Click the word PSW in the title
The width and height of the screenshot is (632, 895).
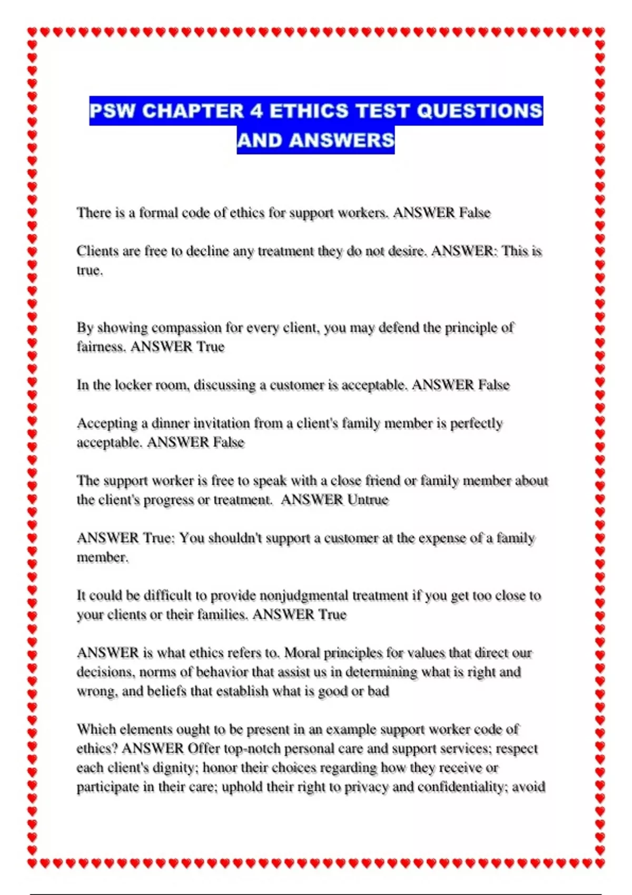point(112,111)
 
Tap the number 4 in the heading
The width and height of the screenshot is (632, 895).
point(256,111)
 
